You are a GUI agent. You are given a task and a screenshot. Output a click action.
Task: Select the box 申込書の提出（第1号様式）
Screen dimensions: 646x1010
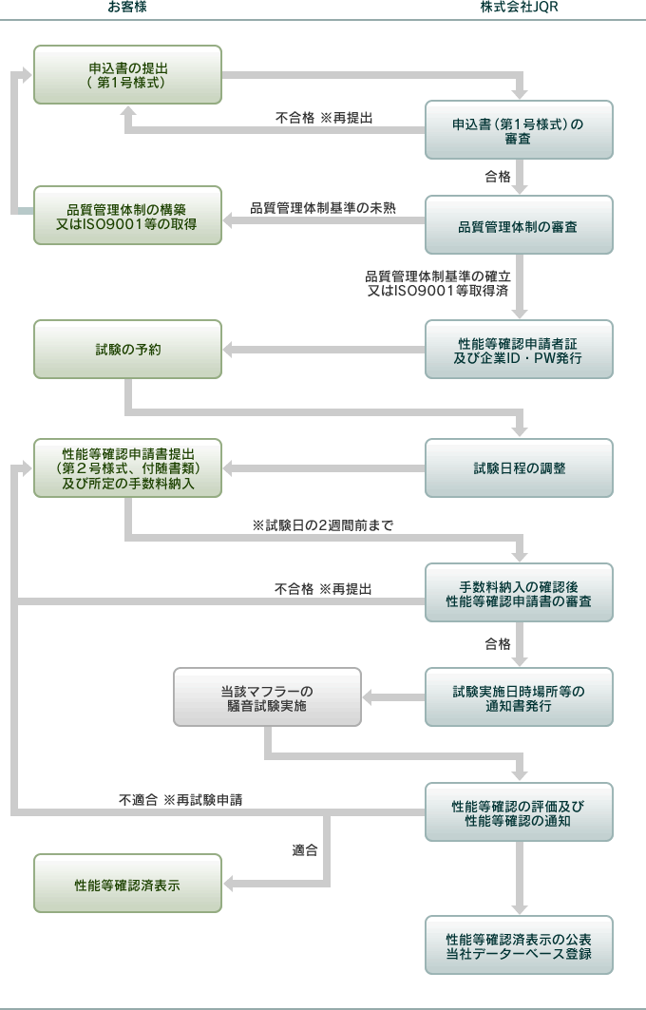click(x=127, y=75)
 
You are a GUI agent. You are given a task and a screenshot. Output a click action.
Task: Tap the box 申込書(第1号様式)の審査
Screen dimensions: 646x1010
click(x=519, y=130)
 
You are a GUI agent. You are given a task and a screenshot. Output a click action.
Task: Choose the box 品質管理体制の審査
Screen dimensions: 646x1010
click(x=519, y=225)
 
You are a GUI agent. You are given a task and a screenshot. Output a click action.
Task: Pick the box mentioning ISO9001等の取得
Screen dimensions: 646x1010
click(x=127, y=216)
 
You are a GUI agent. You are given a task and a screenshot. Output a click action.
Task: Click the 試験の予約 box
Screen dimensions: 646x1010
click(x=127, y=349)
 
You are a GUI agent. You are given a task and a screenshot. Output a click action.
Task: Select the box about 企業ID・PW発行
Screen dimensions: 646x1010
click(x=519, y=349)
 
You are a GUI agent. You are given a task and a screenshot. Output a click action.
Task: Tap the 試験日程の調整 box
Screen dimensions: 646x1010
click(x=519, y=468)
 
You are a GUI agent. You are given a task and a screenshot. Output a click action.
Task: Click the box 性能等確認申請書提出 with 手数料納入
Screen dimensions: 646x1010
click(x=127, y=468)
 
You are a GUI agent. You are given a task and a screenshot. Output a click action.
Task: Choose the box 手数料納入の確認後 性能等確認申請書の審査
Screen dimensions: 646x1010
click(x=519, y=593)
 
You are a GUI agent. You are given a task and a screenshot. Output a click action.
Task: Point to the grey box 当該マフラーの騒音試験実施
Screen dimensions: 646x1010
click(x=267, y=697)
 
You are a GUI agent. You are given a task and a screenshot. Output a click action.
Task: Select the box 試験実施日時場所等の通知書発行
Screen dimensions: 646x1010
click(x=519, y=697)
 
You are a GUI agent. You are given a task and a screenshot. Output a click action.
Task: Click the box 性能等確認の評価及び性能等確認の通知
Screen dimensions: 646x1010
click(x=519, y=812)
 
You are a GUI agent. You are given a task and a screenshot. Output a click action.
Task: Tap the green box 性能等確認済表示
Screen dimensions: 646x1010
click(x=127, y=884)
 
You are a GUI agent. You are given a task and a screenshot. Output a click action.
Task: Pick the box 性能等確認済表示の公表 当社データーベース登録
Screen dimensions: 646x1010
click(x=519, y=945)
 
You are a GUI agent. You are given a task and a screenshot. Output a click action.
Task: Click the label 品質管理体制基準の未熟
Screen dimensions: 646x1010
click(x=323, y=208)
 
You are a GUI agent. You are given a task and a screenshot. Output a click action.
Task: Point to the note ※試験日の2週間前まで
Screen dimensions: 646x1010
click(x=323, y=525)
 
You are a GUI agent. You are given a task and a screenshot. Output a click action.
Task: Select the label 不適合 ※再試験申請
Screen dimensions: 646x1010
click(x=180, y=800)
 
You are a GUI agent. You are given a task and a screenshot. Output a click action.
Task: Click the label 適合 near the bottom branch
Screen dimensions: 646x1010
click(x=305, y=850)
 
